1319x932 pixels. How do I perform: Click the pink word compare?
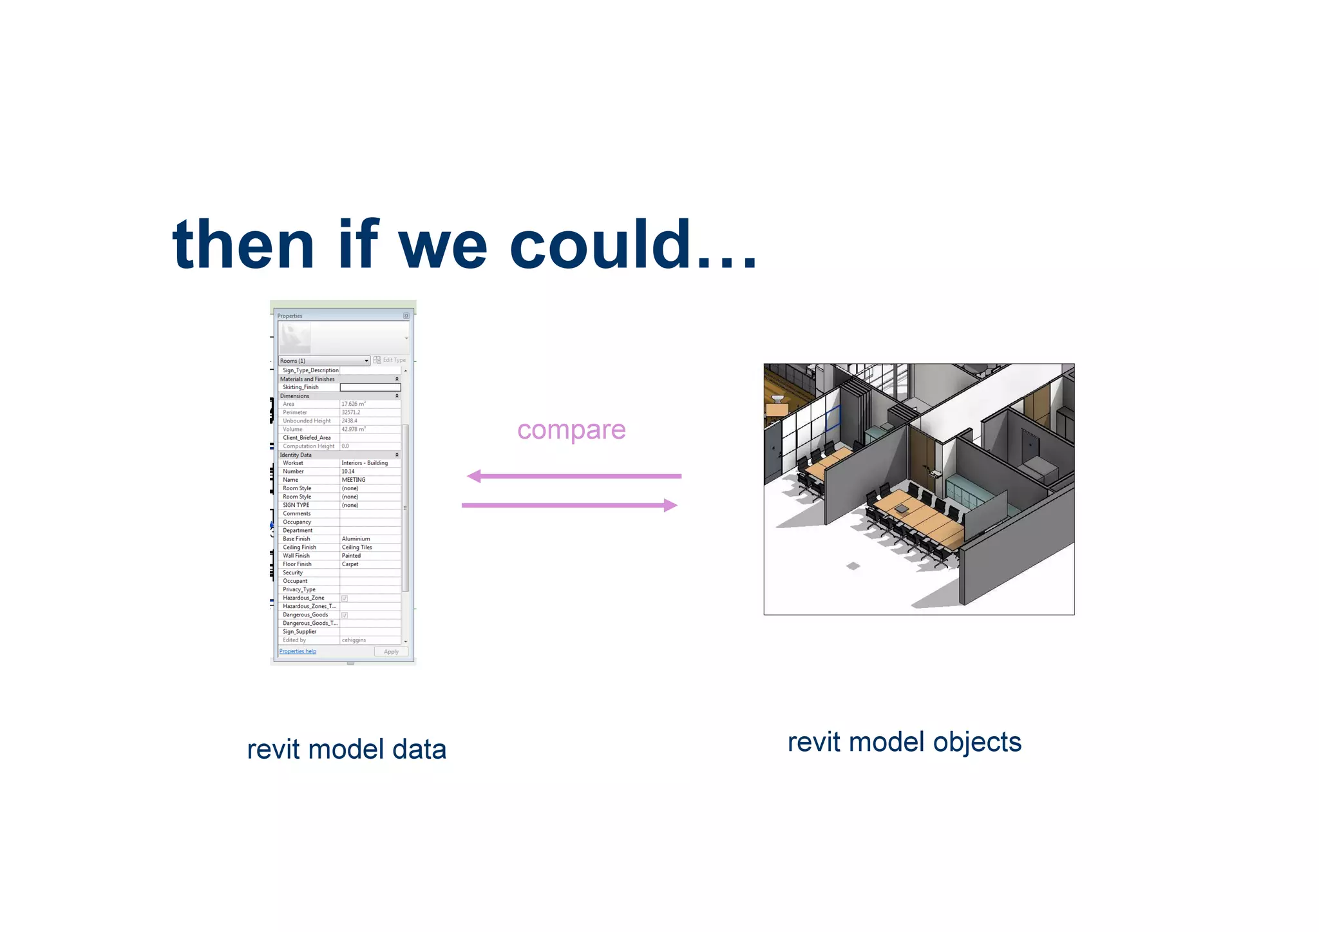point(571,430)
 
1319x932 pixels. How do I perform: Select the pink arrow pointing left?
point(573,476)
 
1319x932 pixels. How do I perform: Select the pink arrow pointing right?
point(570,506)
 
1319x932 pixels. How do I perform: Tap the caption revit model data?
point(346,750)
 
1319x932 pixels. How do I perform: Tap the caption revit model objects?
point(904,742)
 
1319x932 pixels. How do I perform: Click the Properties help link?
point(298,651)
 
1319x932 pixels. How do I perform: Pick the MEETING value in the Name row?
point(354,480)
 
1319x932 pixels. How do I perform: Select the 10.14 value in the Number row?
point(348,471)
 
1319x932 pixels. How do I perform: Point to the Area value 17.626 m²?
point(354,404)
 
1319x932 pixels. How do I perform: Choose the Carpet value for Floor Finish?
point(350,564)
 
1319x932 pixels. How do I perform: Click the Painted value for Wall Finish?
point(351,556)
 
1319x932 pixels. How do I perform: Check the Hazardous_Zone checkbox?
point(345,598)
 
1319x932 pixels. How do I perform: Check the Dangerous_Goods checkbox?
point(345,615)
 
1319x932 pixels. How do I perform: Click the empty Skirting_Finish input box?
point(370,387)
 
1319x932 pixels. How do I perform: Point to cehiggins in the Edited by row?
point(354,640)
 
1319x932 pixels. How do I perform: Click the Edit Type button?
point(390,360)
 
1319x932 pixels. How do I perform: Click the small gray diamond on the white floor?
point(853,566)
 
